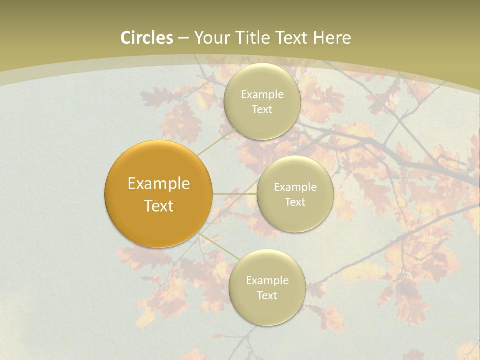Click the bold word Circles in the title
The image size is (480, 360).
pos(147,38)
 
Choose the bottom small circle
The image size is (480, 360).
pos(267,310)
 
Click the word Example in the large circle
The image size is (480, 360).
pos(159,184)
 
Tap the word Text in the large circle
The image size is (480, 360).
pos(159,206)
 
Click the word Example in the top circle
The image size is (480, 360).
pos(262,94)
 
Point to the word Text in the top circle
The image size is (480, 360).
pos(262,110)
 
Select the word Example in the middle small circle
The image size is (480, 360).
pos(295,187)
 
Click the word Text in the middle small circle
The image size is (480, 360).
pos(295,202)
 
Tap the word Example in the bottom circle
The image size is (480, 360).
pos(267,280)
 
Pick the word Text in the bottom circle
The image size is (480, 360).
pos(267,296)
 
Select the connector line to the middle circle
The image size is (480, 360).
pos(235,194)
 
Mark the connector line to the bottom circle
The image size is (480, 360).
pos(217,246)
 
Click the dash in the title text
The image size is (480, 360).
pos(183,38)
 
